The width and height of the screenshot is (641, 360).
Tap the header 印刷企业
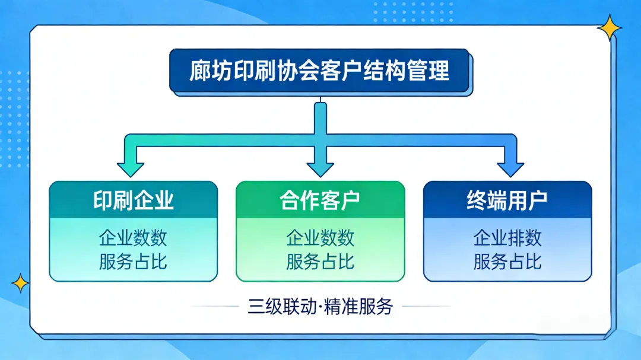point(133,200)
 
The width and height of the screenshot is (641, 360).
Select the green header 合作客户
point(320,200)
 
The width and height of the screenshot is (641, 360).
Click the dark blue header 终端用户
point(507,200)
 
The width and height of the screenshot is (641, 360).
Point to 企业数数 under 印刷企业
point(133,238)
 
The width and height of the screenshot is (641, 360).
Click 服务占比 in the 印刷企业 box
point(133,262)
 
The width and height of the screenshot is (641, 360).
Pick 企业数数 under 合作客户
point(320,238)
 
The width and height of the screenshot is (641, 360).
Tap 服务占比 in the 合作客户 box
point(320,262)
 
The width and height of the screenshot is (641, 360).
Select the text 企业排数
point(507,238)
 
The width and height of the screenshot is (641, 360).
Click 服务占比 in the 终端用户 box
point(507,262)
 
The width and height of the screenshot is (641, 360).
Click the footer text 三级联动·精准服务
point(320,307)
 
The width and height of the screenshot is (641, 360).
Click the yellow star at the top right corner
point(610,27)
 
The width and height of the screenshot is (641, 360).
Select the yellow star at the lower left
point(20,283)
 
